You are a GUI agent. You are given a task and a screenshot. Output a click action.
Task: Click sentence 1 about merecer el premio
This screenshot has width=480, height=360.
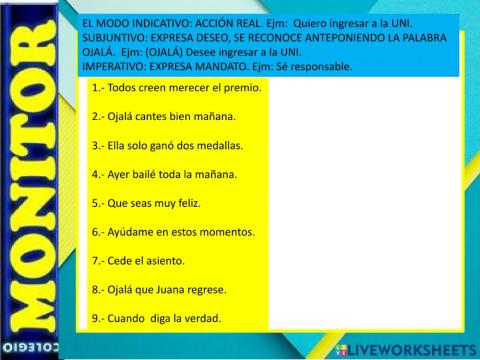point(176,87)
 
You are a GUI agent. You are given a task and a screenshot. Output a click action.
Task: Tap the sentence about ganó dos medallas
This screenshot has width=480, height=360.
point(167,145)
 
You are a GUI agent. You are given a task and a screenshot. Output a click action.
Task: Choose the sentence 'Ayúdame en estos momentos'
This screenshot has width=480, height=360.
point(173,232)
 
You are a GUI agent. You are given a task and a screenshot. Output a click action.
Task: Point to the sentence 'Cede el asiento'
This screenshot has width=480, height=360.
point(138,261)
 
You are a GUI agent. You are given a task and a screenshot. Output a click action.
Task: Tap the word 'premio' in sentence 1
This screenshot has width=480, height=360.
point(243,87)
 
